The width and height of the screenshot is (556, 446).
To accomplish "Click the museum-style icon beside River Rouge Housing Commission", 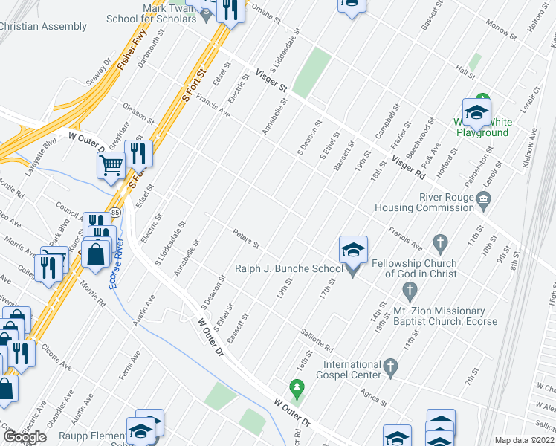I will [x=484, y=198].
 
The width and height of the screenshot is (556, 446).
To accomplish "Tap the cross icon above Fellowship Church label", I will [x=440, y=242].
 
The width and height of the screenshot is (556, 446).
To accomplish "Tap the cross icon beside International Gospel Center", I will [x=392, y=366].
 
